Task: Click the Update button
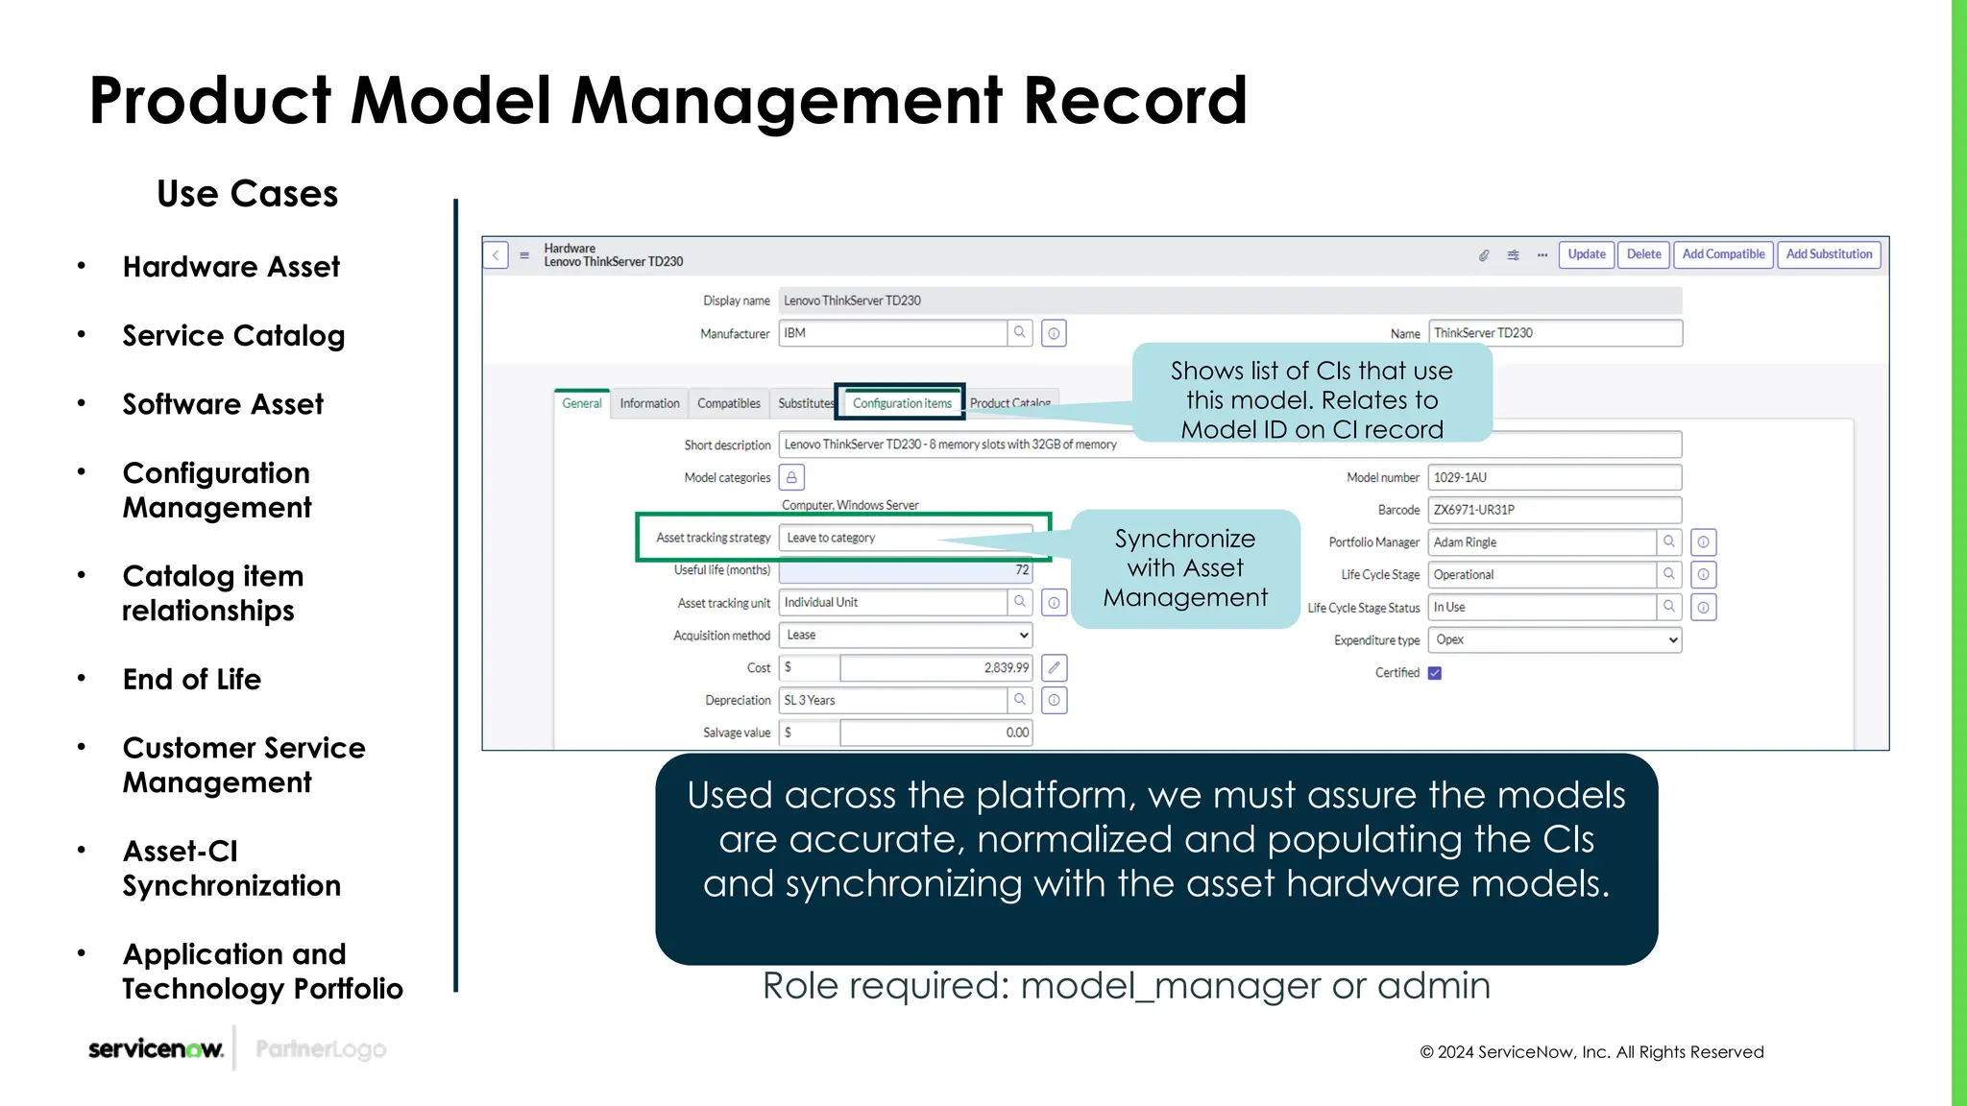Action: point(1586,254)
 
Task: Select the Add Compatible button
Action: point(1723,254)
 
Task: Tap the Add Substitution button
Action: point(1829,254)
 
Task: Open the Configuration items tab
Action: point(901,403)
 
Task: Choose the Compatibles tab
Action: point(728,403)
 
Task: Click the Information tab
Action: point(649,403)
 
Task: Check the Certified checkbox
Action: point(1435,673)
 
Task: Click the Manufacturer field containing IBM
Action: point(892,333)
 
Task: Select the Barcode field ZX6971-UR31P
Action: point(1554,510)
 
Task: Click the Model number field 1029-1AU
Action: point(1554,477)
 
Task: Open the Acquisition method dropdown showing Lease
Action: point(906,636)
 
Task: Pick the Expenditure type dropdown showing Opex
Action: point(1554,639)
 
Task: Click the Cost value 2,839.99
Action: point(935,668)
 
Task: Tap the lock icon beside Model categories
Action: point(791,477)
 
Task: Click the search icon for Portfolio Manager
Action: point(1669,542)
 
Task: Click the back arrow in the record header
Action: point(496,255)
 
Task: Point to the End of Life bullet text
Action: point(192,680)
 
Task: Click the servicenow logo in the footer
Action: point(156,1049)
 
